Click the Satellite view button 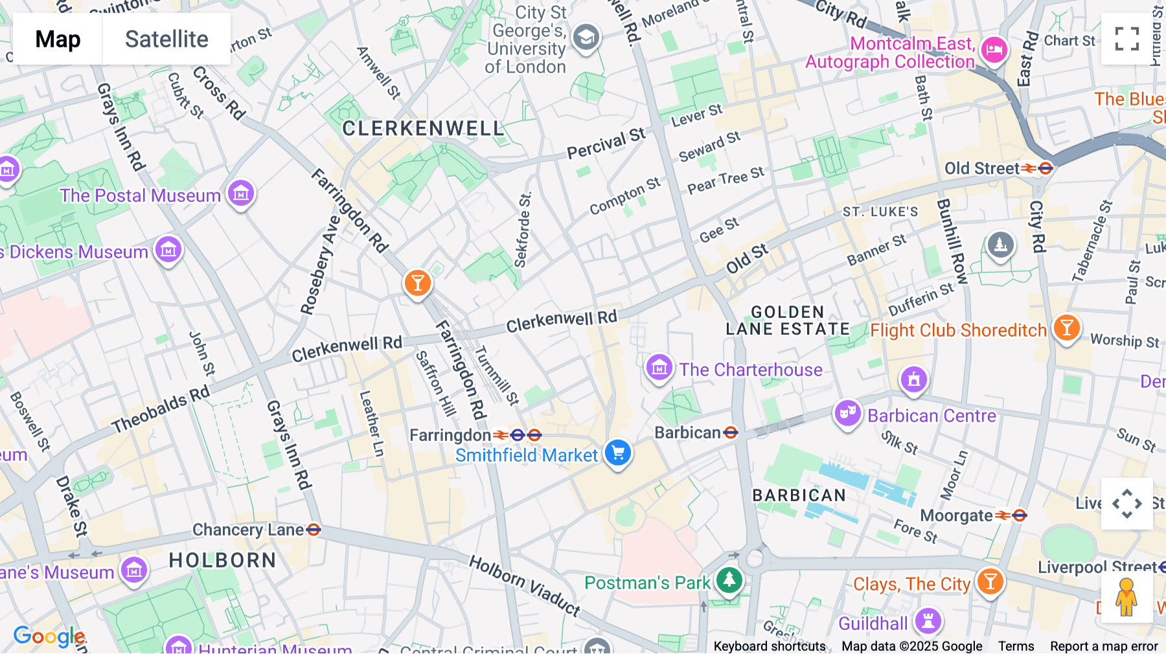point(166,39)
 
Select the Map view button point(58,39)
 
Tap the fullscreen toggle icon point(1126,39)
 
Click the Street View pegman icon point(1126,597)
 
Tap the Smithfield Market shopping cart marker point(617,453)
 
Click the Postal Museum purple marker point(241,193)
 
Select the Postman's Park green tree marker point(729,580)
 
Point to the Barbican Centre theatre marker point(847,412)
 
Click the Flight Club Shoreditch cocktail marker point(1066,328)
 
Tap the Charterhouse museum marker point(659,368)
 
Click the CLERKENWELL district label point(423,128)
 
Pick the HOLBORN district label point(222,560)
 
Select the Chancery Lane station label point(248,530)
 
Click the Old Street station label point(982,168)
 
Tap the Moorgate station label point(956,515)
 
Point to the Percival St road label point(606,144)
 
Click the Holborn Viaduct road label point(525,585)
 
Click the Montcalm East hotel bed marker point(994,49)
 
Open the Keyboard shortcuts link point(769,646)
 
